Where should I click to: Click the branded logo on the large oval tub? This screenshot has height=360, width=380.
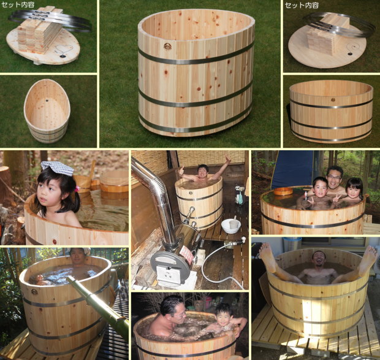pyautogui.click(x=167, y=47)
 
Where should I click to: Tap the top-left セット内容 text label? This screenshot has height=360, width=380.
pyautogui.click(x=18, y=5)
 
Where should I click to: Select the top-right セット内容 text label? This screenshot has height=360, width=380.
pyautogui.click(x=302, y=5)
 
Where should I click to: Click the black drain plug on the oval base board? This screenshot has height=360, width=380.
pyautogui.click(x=63, y=56)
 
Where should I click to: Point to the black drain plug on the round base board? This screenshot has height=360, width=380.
pyautogui.click(x=350, y=53)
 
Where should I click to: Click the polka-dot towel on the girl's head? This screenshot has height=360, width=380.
pyautogui.click(x=57, y=168)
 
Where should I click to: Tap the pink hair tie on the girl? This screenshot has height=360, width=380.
pyautogui.click(x=77, y=189)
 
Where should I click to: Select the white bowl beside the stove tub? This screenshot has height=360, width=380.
pyautogui.click(x=231, y=226)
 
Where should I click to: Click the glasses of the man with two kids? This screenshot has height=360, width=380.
pyautogui.click(x=335, y=177)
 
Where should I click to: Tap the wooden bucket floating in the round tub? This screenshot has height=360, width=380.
pyautogui.click(x=283, y=191)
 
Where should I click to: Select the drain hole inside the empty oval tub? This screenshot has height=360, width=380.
pyautogui.click(x=46, y=100)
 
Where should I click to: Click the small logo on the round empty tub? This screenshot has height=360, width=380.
pyautogui.click(x=333, y=99)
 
